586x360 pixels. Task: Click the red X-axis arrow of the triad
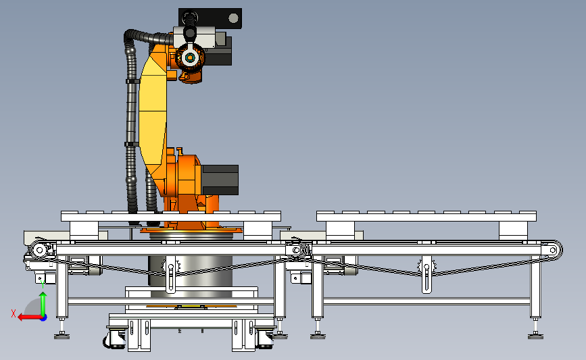click(x=29, y=317)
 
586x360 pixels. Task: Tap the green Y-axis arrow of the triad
click(x=43, y=304)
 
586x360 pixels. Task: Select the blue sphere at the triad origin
click(x=44, y=318)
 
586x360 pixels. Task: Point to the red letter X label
click(x=14, y=313)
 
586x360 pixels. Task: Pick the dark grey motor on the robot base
click(x=220, y=180)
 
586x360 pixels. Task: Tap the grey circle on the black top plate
click(x=233, y=18)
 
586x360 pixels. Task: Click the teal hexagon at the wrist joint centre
click(x=190, y=57)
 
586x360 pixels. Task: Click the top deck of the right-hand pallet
click(x=426, y=216)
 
